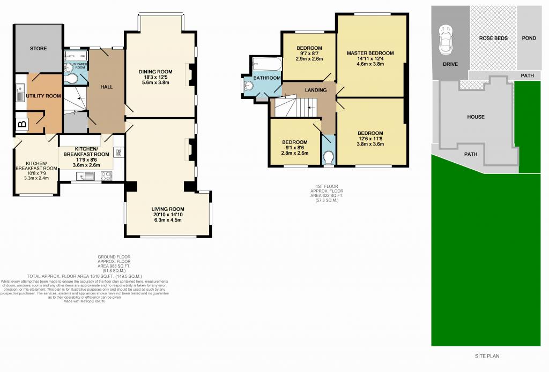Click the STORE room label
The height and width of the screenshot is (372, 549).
pyautogui.click(x=38, y=49)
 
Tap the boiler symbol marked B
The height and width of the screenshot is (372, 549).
pyautogui.click(x=22, y=125)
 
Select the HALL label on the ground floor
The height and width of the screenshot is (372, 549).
pyautogui.click(x=107, y=87)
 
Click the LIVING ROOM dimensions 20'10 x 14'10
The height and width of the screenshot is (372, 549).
pyautogui.click(x=168, y=216)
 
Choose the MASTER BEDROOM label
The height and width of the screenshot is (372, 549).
pyautogui.click(x=370, y=53)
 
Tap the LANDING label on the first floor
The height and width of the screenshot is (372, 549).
pyautogui.click(x=315, y=90)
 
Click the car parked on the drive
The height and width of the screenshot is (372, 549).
pyautogui.click(x=445, y=40)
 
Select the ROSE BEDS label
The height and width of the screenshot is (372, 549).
pyautogui.click(x=494, y=39)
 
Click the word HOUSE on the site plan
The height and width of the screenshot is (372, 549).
pyautogui.click(x=476, y=117)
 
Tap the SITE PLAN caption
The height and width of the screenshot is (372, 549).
pyautogui.click(x=487, y=356)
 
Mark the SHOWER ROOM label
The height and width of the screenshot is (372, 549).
pyautogui.click(x=80, y=66)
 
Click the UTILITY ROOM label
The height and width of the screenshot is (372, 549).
pyautogui.click(x=43, y=96)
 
